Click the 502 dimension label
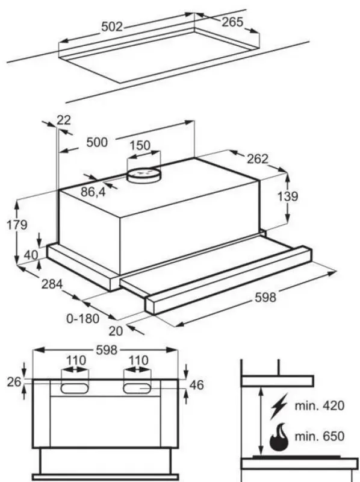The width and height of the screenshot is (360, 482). [x=112, y=27]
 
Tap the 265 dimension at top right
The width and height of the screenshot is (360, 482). [x=232, y=22]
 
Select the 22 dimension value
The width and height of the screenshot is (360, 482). [x=64, y=120]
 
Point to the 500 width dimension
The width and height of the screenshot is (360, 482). [x=97, y=143]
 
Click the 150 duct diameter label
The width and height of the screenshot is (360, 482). [x=140, y=145]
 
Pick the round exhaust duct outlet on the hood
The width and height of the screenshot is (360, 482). [x=144, y=175]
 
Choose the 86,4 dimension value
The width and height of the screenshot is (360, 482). [x=93, y=192]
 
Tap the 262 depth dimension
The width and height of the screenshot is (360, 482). [x=258, y=159]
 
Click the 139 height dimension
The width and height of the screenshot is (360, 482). [x=288, y=196]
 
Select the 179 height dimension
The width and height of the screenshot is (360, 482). [x=17, y=225]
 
